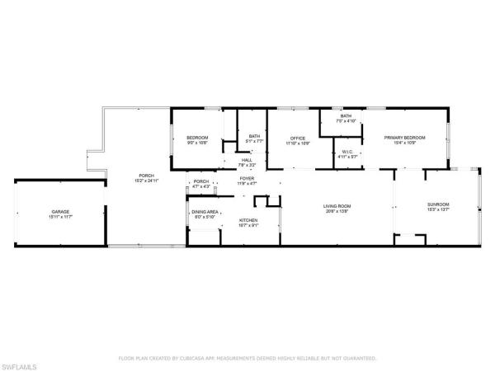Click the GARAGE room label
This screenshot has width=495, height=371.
(60, 213)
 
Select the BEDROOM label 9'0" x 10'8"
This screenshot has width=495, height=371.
(197, 137)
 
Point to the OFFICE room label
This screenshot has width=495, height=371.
(298, 138)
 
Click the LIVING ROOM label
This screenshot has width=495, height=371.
(337, 205)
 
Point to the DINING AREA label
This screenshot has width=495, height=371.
(205, 212)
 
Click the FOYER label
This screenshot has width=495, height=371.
(247, 177)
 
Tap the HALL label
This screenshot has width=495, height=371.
(247, 160)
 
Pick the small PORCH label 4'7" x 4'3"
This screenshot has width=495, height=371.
(200, 181)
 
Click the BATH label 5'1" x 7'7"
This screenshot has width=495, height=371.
(254, 136)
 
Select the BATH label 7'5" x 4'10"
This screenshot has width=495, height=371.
(346, 116)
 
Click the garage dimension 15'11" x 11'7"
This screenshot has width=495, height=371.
(60, 218)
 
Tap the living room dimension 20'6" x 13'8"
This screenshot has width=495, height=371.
(337, 210)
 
